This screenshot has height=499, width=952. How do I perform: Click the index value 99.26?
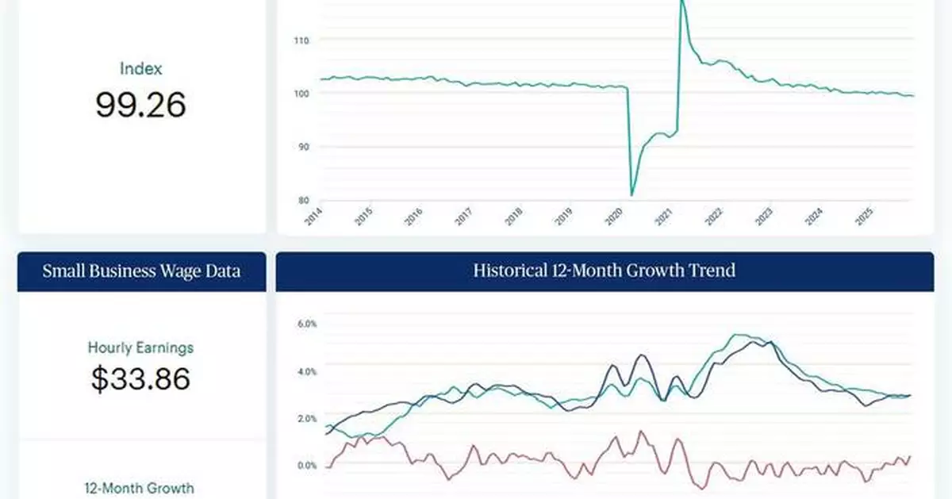point(141,105)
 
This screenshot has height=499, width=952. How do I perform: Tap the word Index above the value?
point(141,69)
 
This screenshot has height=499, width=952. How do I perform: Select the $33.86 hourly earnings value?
point(141,378)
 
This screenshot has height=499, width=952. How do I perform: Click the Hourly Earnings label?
point(141,347)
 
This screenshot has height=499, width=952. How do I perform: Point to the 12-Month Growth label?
point(141,488)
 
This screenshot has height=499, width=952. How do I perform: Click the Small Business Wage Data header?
point(141,271)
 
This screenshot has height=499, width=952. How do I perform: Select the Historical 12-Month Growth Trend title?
point(605,271)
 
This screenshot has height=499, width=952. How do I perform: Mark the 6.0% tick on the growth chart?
point(307,324)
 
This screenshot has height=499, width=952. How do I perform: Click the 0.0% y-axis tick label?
point(307,466)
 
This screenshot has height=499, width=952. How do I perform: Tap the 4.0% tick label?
point(307,371)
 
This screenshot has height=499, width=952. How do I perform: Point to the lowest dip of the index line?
point(631,194)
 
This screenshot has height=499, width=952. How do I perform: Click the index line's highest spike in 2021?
point(681,2)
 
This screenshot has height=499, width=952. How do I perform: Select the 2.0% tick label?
point(307,418)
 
